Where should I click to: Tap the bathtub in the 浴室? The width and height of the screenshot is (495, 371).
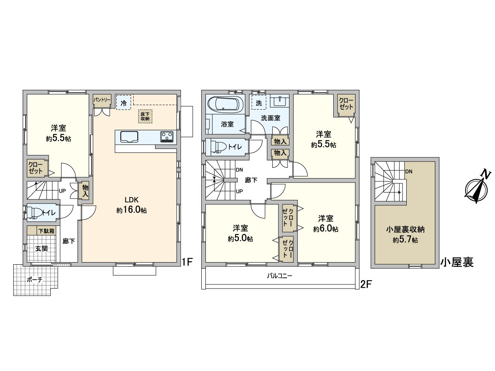point(225,104)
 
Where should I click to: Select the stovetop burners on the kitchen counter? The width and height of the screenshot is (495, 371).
point(167,136)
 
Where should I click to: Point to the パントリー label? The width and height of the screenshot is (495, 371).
point(101,100)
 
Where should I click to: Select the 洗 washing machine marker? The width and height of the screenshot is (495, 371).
point(259,103)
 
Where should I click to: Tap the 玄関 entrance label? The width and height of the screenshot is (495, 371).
point(41,248)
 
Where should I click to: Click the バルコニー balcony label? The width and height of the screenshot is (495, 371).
point(280,276)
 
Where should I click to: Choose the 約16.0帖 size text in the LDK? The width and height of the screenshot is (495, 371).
point(132,210)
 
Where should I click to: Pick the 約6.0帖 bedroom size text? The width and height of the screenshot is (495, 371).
point(325,229)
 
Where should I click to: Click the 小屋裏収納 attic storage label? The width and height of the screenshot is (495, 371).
point(404,230)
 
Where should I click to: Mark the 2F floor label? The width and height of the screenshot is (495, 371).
point(365,284)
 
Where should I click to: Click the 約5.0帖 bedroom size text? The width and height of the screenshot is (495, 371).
point(240,238)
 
